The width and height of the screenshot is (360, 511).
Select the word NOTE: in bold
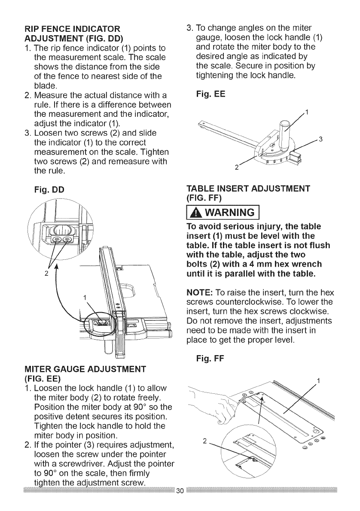(198, 293)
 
